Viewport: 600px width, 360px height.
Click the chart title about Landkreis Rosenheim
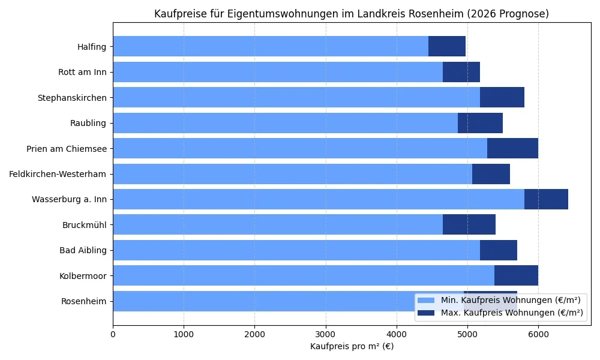pos(351,14)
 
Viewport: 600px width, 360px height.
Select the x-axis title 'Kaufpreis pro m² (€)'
pos(352,346)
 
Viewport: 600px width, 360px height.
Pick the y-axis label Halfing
pos(91,47)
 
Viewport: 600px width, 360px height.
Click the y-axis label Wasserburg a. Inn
pos(69,199)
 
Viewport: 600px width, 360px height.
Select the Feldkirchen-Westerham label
pos(58,174)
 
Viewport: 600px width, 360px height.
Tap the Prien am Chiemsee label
pos(66,148)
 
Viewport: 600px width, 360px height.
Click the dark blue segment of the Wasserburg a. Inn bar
pos(546,199)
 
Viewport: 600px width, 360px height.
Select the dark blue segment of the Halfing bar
pos(447,46)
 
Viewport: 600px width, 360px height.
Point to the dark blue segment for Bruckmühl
pos(469,224)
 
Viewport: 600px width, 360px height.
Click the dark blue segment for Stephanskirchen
pos(502,97)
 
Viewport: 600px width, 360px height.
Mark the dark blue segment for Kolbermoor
pos(516,275)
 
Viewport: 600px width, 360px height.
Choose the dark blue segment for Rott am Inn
pos(461,72)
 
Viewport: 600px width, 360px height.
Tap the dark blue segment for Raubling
pos(480,123)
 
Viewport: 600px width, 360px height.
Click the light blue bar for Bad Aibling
pos(296,250)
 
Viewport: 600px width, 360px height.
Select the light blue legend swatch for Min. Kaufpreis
pos(427,300)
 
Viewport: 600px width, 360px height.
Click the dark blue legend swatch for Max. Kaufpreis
pos(427,313)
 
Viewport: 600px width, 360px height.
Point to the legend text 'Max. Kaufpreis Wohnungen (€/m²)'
pos(511,313)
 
